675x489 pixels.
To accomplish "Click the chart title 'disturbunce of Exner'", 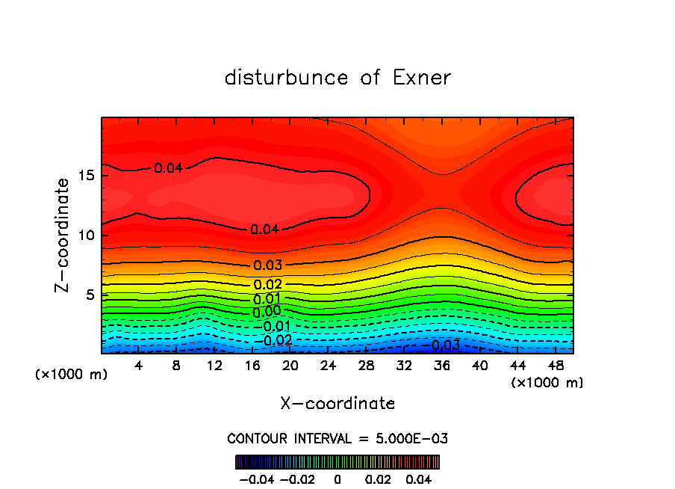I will coord(337,78).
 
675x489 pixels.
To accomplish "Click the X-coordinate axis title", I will coord(337,404).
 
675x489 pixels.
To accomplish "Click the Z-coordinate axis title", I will coord(63,235).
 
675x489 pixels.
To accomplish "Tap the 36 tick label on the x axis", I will coord(441,365).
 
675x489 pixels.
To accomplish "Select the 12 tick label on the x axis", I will coord(214,365).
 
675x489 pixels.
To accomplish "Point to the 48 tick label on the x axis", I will coord(555,365).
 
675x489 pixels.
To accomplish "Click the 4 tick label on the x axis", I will coord(138,365).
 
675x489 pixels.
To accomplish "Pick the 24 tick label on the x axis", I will coord(328,365).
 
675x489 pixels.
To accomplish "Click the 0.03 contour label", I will coord(267,265).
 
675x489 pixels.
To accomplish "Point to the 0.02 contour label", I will coord(267,285).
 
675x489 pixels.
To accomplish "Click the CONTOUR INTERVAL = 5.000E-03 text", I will coord(337,438).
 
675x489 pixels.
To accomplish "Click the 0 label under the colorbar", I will coord(337,478).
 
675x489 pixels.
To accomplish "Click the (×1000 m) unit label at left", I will coord(72,375).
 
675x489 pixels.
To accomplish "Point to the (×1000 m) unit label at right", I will coord(547,383).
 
